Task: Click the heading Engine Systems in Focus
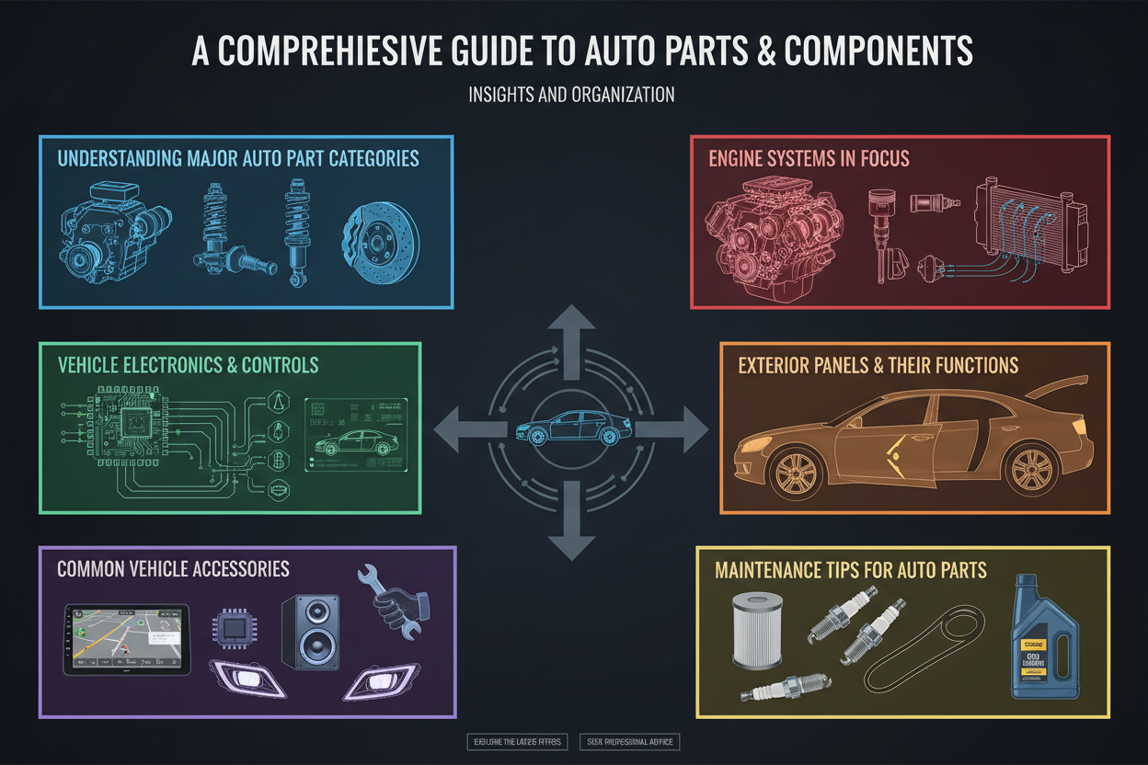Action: coord(809,158)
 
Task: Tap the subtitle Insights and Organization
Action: coord(571,96)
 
